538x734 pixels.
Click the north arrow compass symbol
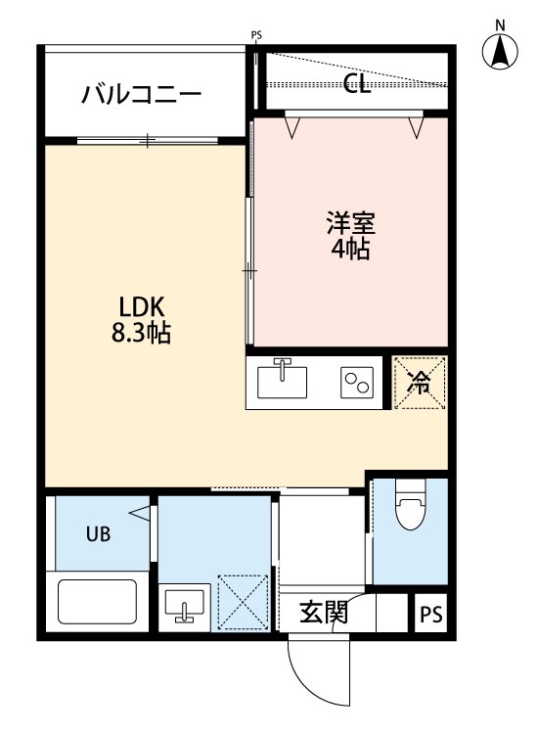[501, 52]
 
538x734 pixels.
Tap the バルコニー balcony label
[142, 95]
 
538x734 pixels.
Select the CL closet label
[358, 83]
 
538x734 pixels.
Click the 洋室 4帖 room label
[349, 235]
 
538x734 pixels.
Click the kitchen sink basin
[282, 381]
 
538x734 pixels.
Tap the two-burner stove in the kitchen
[356, 382]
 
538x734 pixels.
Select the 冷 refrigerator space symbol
[419, 383]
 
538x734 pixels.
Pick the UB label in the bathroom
[98, 534]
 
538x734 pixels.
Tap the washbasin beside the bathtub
[183, 606]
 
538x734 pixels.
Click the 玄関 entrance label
[322, 614]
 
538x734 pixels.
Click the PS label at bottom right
[431, 616]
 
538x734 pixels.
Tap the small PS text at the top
[257, 36]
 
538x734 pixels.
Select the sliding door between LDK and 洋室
[250, 269]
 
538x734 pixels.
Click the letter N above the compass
[500, 23]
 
